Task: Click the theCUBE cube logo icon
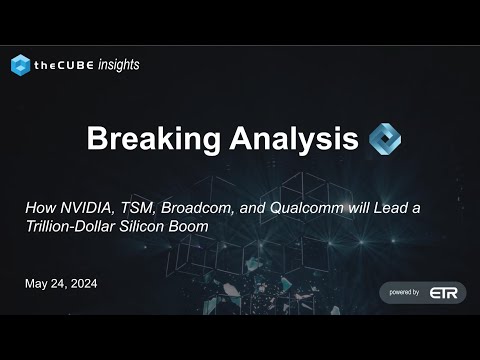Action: (x=20, y=65)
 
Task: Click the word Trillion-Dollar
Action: (x=69, y=226)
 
